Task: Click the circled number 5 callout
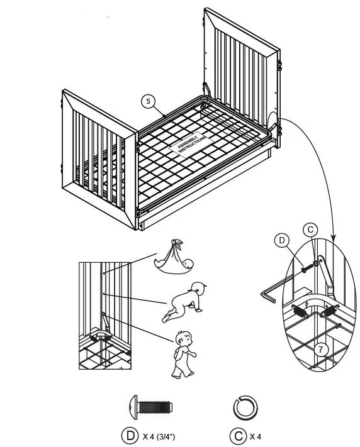(147, 100)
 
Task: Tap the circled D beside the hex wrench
(281, 240)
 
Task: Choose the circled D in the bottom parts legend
(129, 435)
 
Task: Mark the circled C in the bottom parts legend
(237, 435)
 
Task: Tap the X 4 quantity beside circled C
(256, 435)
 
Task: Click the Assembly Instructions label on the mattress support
(189, 144)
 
